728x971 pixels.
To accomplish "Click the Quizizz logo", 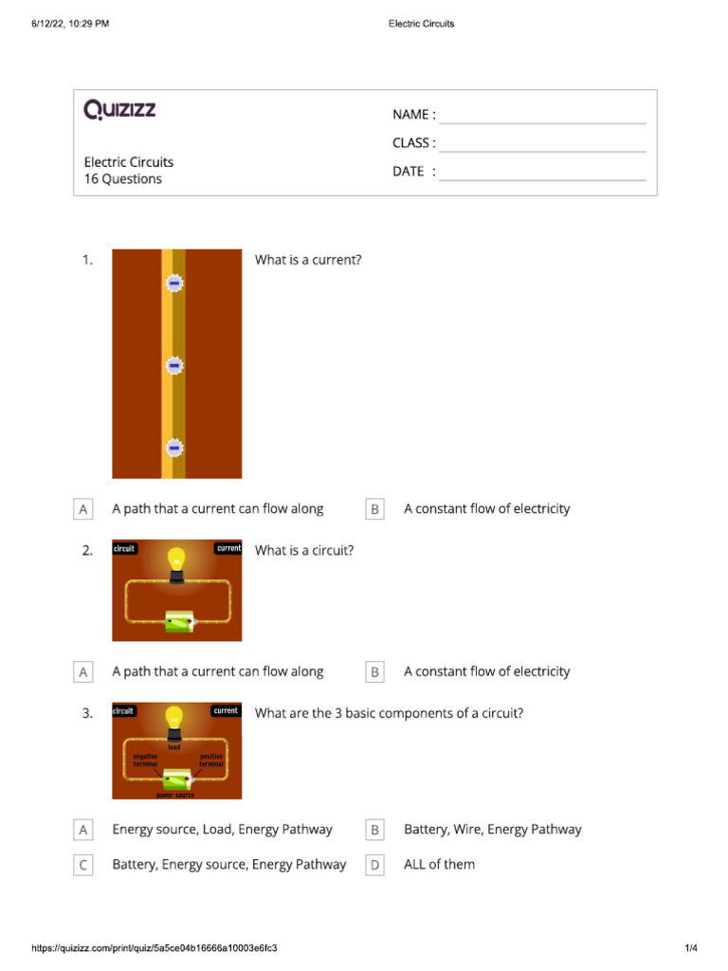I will pos(119,110).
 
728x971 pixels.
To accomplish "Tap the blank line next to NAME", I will pos(542,121).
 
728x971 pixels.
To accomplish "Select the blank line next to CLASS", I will pos(542,150).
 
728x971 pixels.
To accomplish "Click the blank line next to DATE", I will pos(542,178).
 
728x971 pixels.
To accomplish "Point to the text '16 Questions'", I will pos(123,179).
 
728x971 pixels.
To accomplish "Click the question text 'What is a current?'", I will pos(308,260).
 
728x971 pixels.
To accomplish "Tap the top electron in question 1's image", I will pos(173,283).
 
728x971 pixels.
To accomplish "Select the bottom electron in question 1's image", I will pos(173,448).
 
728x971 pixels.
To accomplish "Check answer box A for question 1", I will pos(83,509).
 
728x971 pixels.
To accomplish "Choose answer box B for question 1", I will pos(375,509).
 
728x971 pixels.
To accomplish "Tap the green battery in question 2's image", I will pos(177,622).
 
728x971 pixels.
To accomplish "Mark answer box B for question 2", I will pos(375,671).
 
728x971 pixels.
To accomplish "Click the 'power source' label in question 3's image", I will pos(176,795).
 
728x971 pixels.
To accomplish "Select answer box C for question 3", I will pos(83,865).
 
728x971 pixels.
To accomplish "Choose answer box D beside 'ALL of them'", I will pos(375,865).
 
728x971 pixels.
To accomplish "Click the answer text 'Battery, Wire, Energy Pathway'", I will pos(492,830).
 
